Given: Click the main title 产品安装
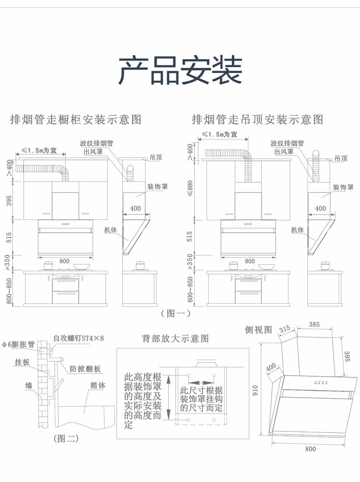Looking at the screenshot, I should pyautogui.click(x=180, y=70).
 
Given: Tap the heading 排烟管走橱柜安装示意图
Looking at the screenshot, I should pyautogui.click(x=76, y=119).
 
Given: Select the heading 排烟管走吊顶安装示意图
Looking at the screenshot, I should pyautogui.click(x=257, y=119).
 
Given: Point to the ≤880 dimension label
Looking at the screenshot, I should pyautogui.click(x=190, y=191).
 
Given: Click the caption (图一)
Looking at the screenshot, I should pyautogui.click(x=175, y=314).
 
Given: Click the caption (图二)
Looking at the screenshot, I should pyautogui.click(x=66, y=439).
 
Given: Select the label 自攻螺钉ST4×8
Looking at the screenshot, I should pyautogui.click(x=78, y=338).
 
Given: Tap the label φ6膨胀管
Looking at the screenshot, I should pyautogui.click(x=18, y=345).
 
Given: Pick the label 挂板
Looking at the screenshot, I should pyautogui.click(x=22, y=362).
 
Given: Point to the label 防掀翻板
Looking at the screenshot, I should pyautogui.click(x=85, y=369).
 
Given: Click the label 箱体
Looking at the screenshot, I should pyautogui.click(x=98, y=385).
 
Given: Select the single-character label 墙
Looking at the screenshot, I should pyautogui.click(x=29, y=386).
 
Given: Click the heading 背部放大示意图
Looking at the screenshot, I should pyautogui.click(x=175, y=338).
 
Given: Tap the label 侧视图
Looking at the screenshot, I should pyautogui.click(x=258, y=329).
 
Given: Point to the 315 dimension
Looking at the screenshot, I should pyautogui.click(x=285, y=329).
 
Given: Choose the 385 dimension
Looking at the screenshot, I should pyautogui.click(x=314, y=325).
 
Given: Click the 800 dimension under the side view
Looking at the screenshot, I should pyautogui.click(x=310, y=449).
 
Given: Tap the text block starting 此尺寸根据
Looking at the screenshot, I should pyautogui.click(x=201, y=399).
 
